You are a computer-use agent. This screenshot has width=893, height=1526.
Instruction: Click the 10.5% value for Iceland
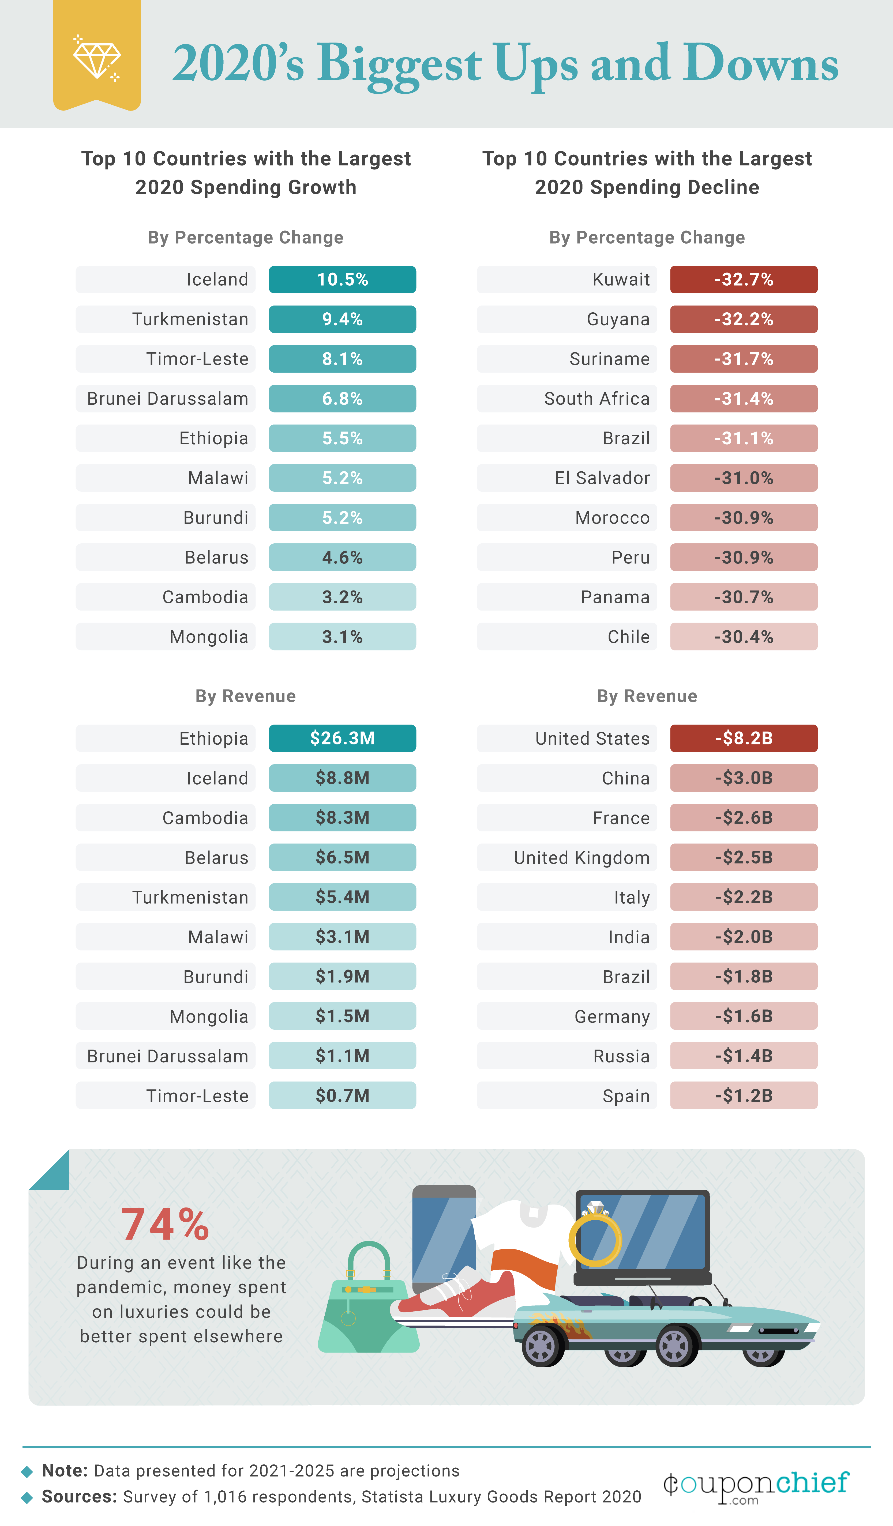[342, 280]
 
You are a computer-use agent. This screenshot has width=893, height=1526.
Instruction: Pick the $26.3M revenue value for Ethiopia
[342, 738]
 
